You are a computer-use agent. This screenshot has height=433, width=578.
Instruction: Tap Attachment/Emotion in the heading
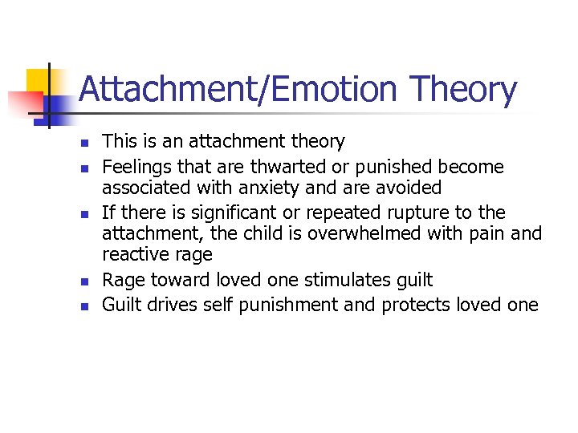(x=238, y=90)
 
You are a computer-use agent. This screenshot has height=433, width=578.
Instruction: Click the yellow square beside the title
(x=40, y=82)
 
